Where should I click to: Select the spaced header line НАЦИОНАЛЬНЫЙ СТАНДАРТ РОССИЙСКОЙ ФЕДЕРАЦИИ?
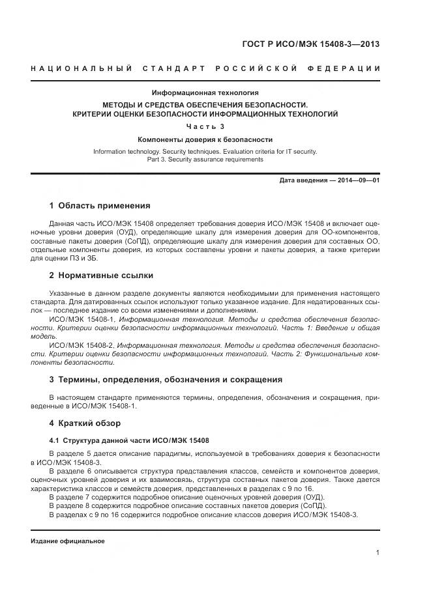[205, 68]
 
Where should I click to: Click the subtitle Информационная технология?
[205, 92]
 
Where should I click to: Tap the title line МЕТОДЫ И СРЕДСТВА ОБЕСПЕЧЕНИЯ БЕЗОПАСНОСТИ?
[205, 104]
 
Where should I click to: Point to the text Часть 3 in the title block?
[205, 126]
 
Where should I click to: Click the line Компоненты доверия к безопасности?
[205, 139]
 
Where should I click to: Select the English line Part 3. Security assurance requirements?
[205, 160]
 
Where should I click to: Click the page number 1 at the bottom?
[378, 553]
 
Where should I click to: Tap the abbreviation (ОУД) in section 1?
[127, 232]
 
